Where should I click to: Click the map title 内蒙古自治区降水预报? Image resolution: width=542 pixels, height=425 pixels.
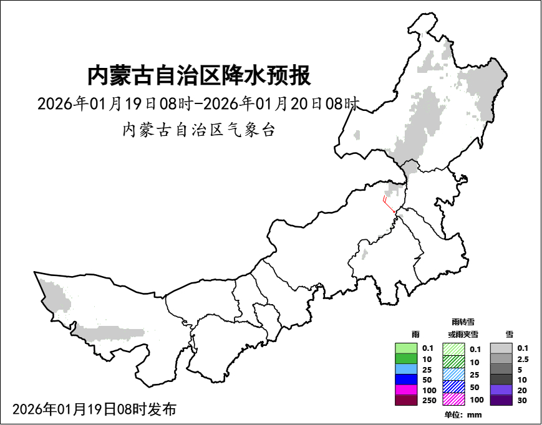click(x=198, y=76)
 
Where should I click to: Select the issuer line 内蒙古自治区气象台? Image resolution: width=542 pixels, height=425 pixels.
click(x=198, y=130)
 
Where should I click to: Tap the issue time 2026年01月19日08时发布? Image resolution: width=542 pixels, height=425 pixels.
click(x=94, y=409)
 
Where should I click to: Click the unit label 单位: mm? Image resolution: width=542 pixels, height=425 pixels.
click(x=463, y=414)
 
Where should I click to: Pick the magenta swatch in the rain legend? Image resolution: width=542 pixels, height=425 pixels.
click(x=406, y=389)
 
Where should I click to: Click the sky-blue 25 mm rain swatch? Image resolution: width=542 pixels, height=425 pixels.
click(x=406, y=369)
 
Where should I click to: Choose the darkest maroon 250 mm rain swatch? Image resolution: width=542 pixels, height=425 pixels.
click(x=406, y=400)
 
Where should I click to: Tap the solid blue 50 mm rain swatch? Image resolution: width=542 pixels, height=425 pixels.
click(x=406, y=380)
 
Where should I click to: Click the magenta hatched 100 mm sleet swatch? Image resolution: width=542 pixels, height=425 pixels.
click(x=453, y=399)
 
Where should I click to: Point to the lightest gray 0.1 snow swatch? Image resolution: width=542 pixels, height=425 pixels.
click(x=501, y=348)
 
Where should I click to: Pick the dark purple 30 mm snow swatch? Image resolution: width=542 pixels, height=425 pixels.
click(x=501, y=400)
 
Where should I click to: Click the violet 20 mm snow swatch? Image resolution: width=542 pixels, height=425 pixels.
click(x=501, y=389)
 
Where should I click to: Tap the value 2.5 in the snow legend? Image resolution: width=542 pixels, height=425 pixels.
click(x=523, y=359)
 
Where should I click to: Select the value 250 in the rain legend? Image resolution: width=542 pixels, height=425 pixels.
click(x=429, y=400)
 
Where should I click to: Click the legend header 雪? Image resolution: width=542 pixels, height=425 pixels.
click(x=510, y=335)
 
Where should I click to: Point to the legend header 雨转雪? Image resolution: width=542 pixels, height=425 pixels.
click(x=463, y=322)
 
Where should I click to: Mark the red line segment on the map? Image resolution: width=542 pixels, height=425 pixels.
click(x=388, y=206)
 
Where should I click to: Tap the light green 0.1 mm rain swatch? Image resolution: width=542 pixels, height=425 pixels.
click(x=406, y=348)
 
